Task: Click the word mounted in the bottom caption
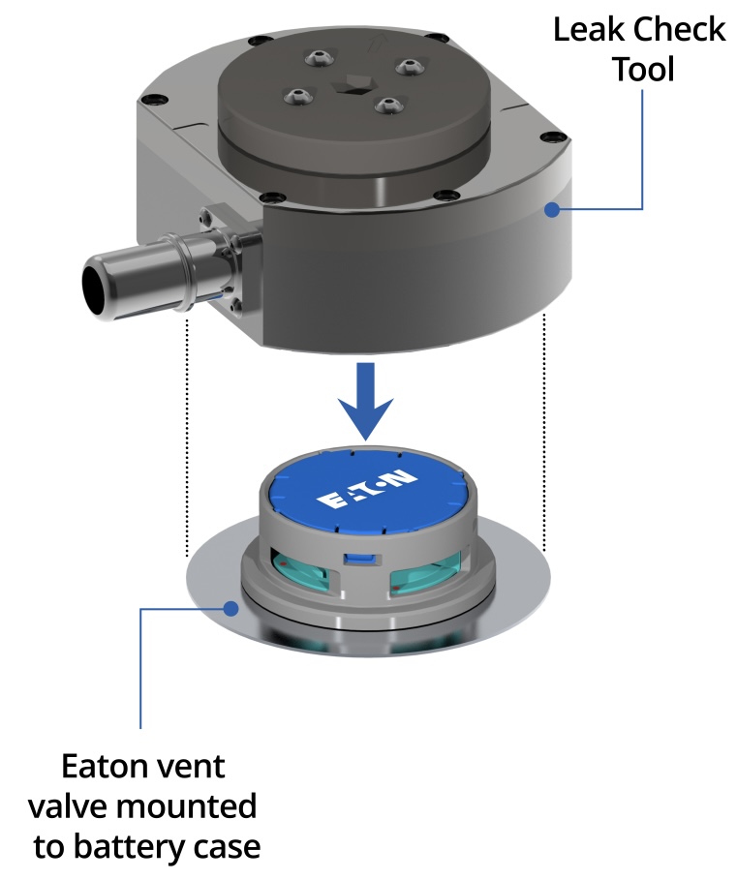pyautogui.click(x=189, y=806)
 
